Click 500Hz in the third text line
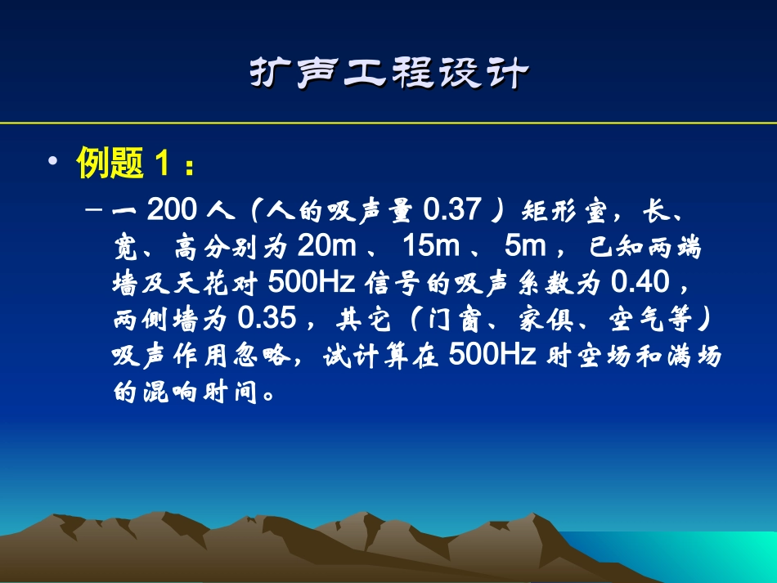(311, 283)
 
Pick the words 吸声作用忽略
(200, 356)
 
